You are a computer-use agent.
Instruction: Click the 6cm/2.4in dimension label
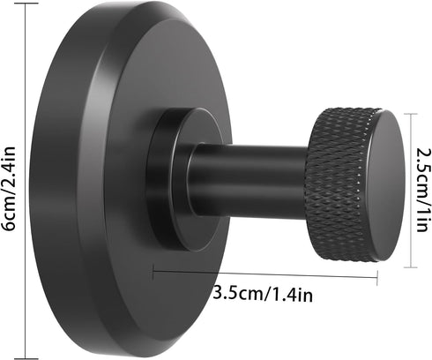pos(8,189)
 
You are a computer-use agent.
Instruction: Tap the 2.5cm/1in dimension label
pos(423,190)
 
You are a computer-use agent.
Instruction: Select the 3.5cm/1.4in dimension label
pos(263,294)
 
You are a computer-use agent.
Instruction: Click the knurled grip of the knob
pos(336,184)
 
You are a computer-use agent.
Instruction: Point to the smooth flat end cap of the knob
pos(384,186)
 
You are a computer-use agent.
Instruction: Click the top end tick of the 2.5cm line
pos(411,114)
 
